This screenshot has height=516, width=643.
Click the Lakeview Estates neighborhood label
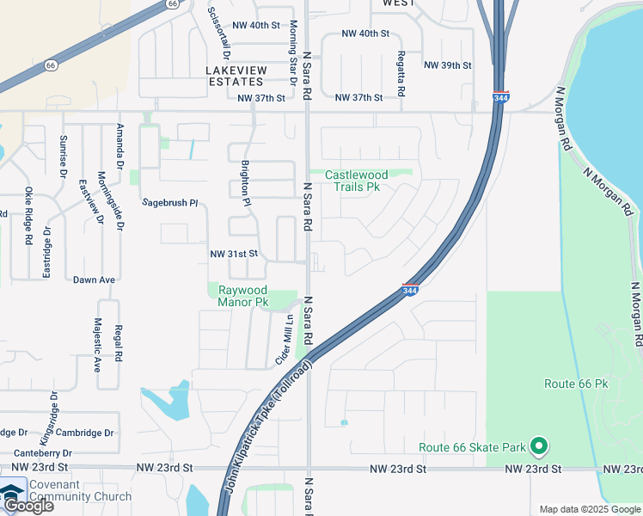tap(234, 75)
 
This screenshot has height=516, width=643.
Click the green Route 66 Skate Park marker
tap(538, 445)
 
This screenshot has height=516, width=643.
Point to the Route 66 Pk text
tap(576, 384)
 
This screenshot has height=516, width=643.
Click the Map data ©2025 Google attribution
tap(589, 509)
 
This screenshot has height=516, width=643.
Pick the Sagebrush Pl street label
tap(169, 203)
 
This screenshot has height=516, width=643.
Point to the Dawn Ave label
tap(94, 279)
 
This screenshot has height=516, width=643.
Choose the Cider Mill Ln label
tap(284, 340)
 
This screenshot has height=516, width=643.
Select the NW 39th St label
tap(448, 65)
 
